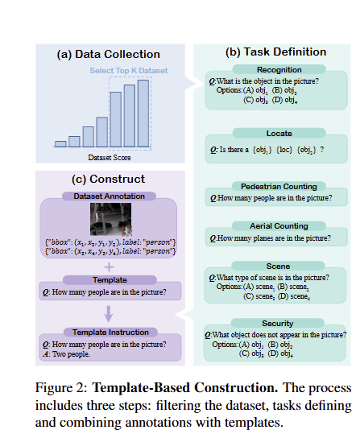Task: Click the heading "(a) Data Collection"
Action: (108, 55)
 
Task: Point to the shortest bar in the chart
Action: (60, 143)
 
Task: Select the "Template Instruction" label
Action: (109, 333)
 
